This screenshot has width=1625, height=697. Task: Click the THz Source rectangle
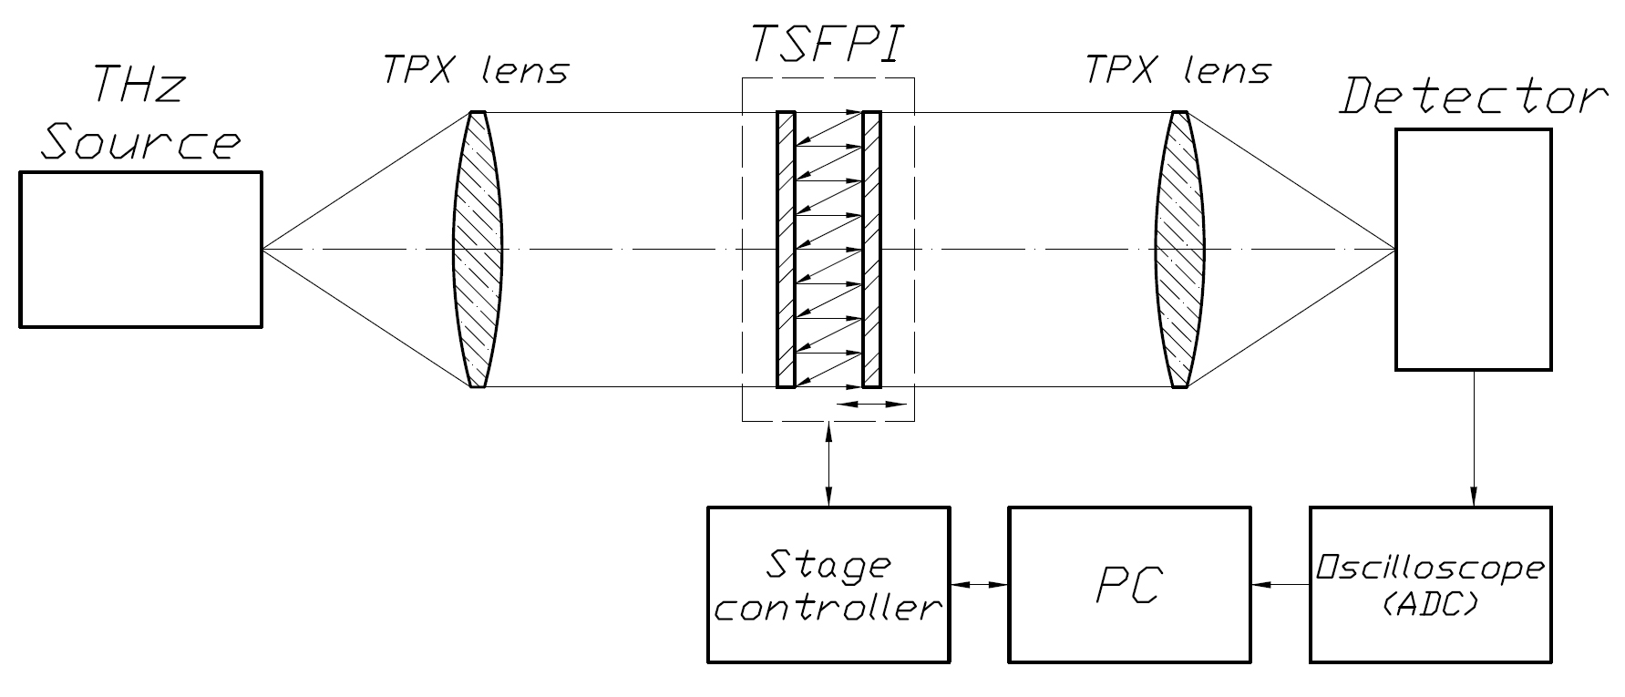(140, 249)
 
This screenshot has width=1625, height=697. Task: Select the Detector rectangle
(1473, 249)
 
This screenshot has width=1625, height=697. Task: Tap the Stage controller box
(828, 584)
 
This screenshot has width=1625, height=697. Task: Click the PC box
(1129, 584)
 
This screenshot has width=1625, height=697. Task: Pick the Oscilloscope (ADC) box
(1430, 584)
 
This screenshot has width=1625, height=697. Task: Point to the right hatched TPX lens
(1180, 249)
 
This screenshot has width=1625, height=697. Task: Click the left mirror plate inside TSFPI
(786, 249)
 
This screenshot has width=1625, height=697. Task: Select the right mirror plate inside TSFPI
(871, 249)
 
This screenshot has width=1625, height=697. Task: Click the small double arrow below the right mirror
(871, 405)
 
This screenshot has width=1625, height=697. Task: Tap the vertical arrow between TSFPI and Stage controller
(828, 464)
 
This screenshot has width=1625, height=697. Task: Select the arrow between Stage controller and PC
(979, 584)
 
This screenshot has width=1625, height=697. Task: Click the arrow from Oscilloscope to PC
(1280, 584)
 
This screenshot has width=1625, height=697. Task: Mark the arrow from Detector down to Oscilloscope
(1474, 438)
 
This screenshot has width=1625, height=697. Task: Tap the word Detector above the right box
(1472, 96)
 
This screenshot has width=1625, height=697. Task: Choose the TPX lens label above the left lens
(477, 70)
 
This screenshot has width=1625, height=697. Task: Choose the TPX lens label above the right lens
(1177, 70)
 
